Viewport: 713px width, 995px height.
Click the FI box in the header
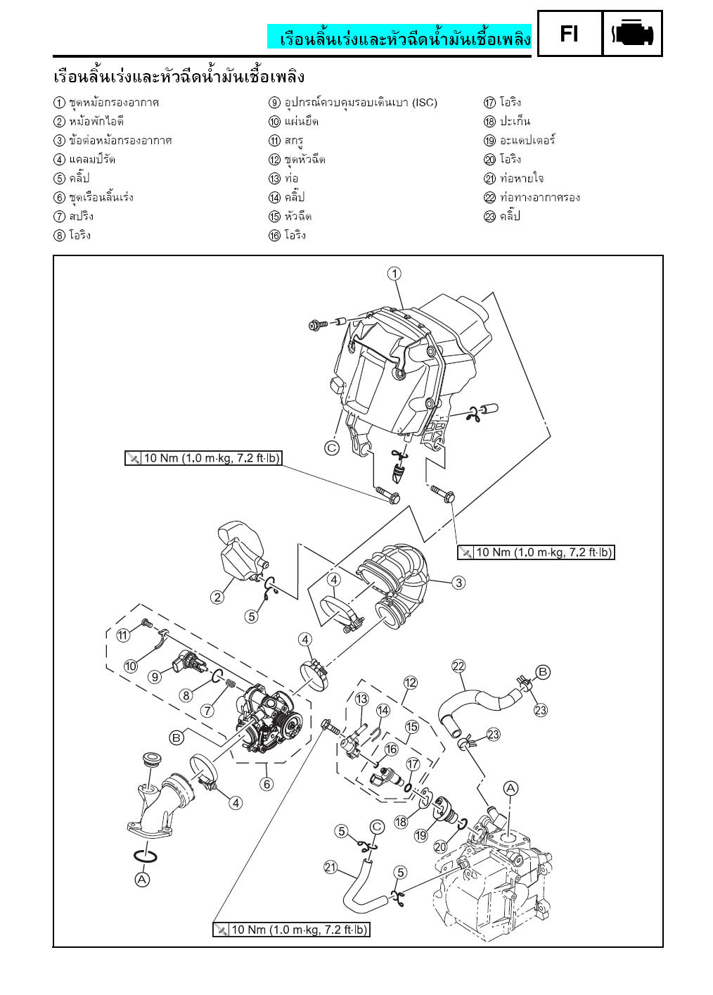point(570,33)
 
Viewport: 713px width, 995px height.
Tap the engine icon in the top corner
point(633,33)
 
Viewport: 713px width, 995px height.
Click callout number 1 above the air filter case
point(395,273)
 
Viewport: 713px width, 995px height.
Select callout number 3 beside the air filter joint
point(458,583)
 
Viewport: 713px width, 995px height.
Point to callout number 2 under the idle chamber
point(217,597)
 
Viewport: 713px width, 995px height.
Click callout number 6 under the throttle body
point(266,784)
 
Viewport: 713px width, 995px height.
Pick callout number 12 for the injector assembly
point(411,683)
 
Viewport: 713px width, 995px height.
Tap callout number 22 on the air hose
point(458,666)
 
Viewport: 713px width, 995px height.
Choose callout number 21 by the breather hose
point(330,867)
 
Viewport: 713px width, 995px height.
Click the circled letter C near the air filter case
point(332,447)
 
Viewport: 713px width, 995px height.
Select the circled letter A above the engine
point(510,787)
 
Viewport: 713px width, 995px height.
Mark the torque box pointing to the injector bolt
point(291,930)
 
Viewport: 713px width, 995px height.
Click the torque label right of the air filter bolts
point(536,552)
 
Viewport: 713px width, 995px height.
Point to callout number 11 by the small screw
point(123,635)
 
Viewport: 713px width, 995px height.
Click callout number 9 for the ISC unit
point(155,677)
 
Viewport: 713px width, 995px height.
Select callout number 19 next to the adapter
point(420,835)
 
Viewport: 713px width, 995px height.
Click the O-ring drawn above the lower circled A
point(144,856)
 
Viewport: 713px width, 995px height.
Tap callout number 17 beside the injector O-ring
point(413,764)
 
